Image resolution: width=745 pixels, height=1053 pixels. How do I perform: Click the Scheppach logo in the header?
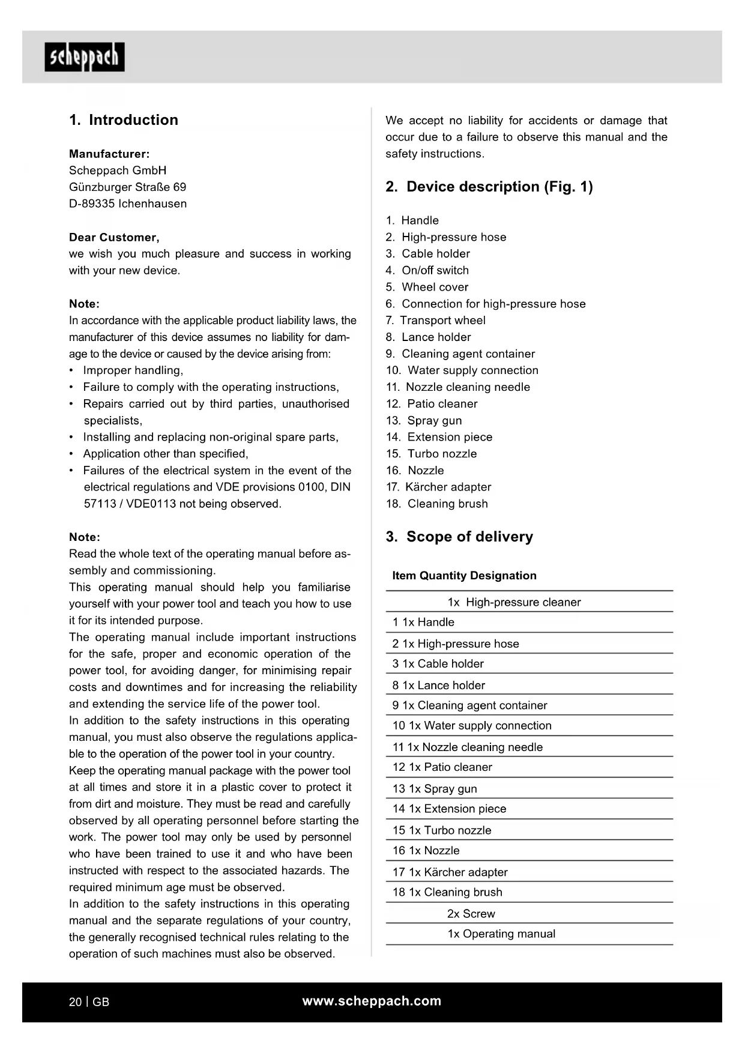tap(85, 58)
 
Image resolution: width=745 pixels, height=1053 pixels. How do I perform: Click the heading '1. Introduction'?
tap(124, 120)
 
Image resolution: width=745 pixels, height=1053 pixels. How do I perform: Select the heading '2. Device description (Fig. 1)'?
tap(489, 187)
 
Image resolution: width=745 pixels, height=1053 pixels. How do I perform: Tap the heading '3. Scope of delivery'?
tap(459, 537)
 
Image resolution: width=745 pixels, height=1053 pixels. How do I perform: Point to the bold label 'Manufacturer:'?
tap(109, 154)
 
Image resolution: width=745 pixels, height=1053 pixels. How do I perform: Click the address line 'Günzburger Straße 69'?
tap(127, 187)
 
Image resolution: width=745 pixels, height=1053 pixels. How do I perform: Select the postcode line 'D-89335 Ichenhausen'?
tap(127, 204)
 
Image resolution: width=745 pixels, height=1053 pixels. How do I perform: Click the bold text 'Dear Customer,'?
tap(114, 237)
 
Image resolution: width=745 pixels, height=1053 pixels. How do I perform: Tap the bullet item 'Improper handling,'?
tap(133, 370)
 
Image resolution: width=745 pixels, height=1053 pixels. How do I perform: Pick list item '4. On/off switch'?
tap(427, 270)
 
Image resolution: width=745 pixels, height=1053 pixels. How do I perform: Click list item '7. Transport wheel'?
tap(435, 321)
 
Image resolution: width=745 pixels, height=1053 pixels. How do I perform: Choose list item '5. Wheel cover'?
tap(427, 287)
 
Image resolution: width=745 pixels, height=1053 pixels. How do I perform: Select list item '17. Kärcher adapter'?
tap(438, 487)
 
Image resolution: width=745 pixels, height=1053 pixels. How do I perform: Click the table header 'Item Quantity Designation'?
tap(464, 576)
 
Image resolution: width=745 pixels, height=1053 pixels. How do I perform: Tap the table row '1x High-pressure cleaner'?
tap(514, 602)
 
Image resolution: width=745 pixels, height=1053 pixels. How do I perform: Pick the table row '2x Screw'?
tap(471, 914)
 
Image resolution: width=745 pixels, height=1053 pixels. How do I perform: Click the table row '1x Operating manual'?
tap(501, 934)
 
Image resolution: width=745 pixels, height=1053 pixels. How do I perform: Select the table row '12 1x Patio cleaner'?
tap(442, 767)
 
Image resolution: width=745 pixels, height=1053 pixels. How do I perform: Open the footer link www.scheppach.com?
tap(372, 1001)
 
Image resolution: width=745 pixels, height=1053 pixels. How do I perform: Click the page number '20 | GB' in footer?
tap(89, 1002)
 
